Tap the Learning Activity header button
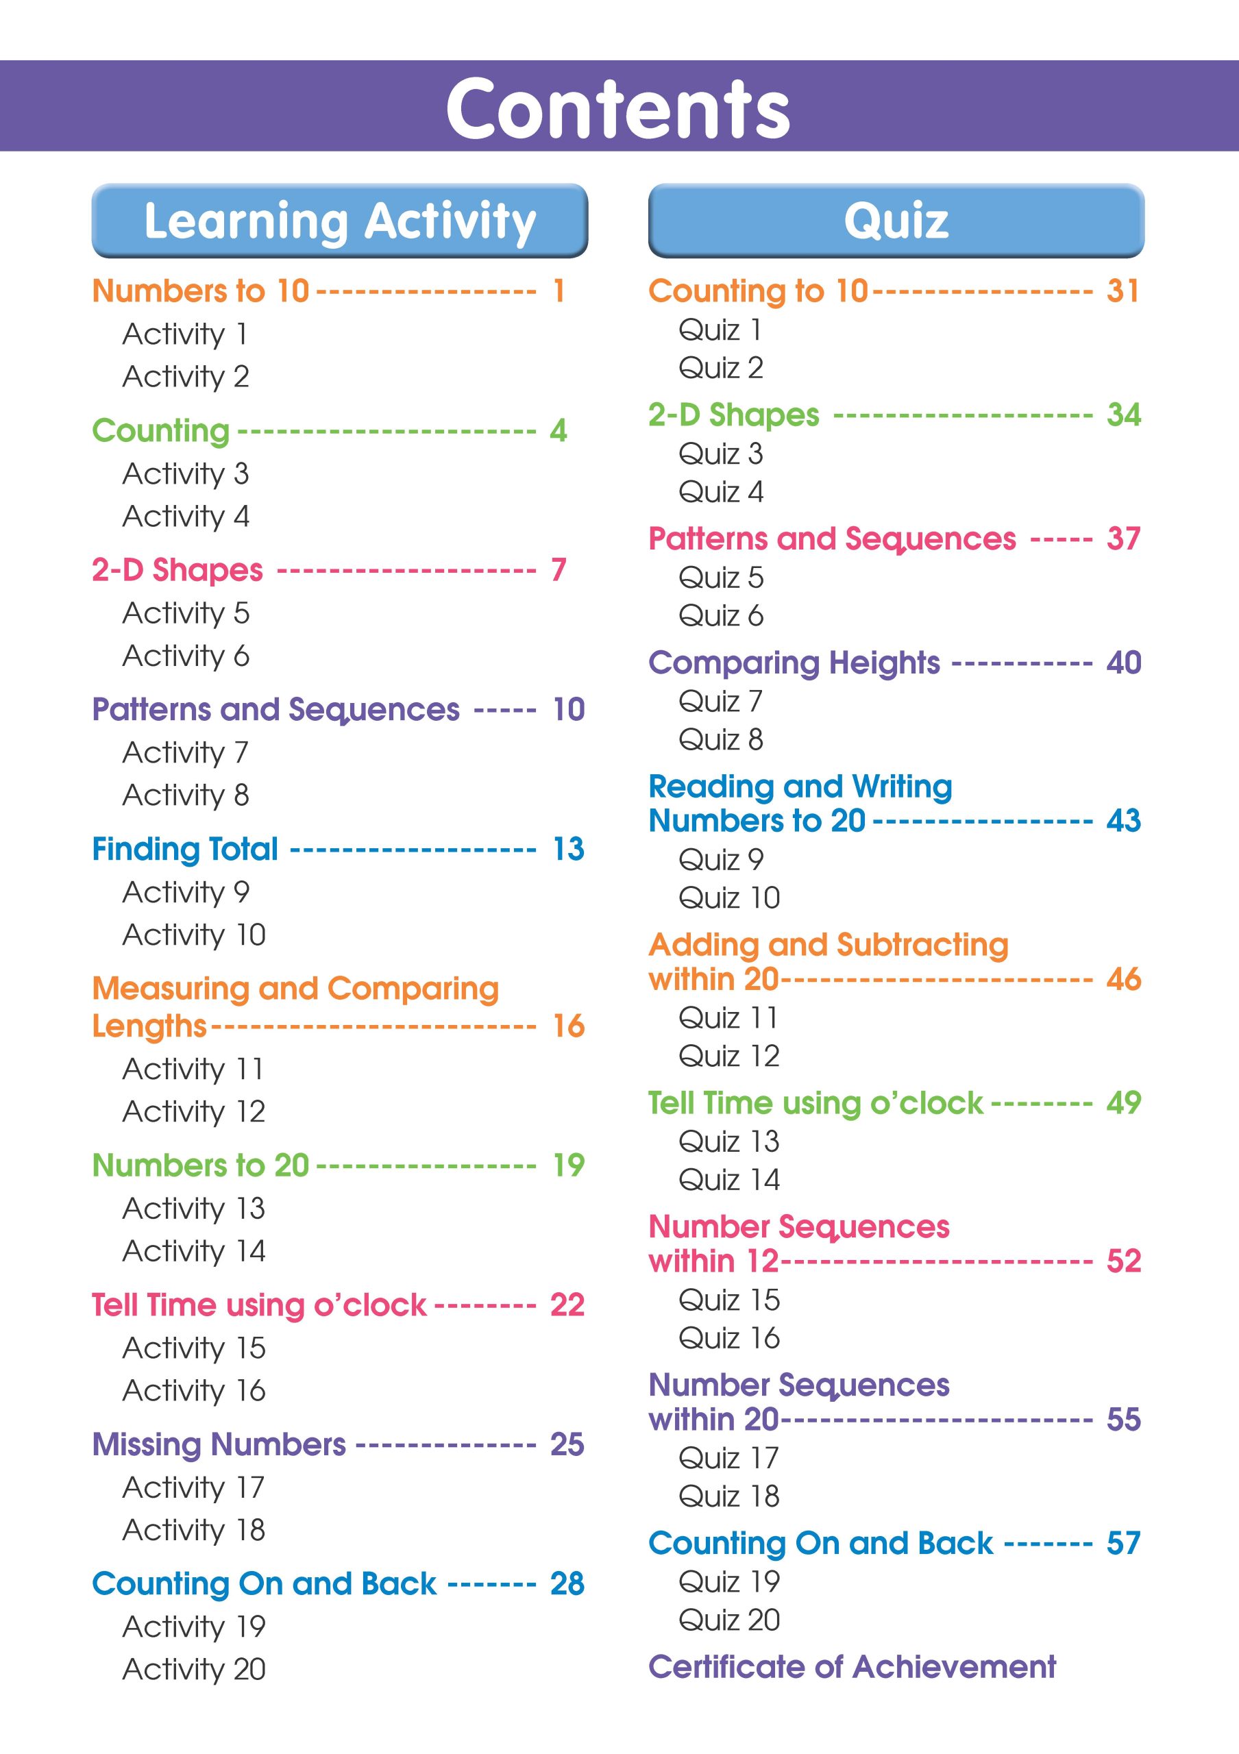click(x=340, y=221)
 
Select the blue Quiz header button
click(x=896, y=221)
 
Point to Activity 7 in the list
click(x=186, y=752)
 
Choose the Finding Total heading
click(x=185, y=850)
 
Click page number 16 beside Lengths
click(x=568, y=1026)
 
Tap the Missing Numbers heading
click(x=219, y=1444)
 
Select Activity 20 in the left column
click(x=194, y=1669)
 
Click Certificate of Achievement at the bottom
click(x=852, y=1667)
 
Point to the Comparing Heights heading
click(x=794, y=663)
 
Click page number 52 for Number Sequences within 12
click(x=1123, y=1261)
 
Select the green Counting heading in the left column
click(x=160, y=431)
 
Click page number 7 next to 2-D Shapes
click(x=559, y=570)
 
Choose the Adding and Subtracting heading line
click(x=828, y=945)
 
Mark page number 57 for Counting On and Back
click(x=1123, y=1543)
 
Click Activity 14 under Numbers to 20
click(x=194, y=1251)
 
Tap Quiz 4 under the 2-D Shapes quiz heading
click(x=720, y=492)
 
